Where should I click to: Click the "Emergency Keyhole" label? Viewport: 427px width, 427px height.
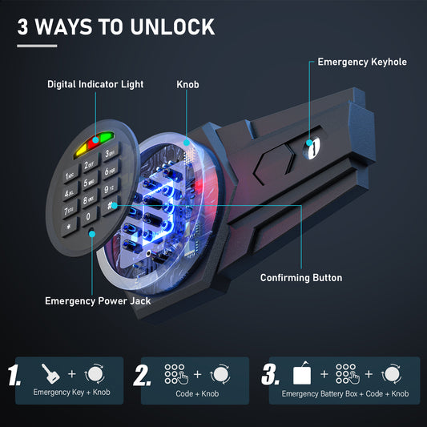(362, 62)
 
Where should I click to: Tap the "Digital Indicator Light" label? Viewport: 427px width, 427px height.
(95, 84)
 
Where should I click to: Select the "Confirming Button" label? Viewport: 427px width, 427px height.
(301, 278)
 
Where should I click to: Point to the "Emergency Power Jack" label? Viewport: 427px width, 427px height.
(98, 301)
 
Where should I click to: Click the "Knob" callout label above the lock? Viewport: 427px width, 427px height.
(187, 84)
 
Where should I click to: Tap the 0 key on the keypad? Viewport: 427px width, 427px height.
(88, 216)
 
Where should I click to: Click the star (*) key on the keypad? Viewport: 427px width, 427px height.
(69, 226)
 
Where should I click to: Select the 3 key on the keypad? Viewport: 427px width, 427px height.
(110, 153)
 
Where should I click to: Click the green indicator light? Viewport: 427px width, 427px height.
(107, 137)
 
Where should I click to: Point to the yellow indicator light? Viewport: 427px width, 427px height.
(81, 151)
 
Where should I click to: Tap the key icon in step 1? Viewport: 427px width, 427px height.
(50, 373)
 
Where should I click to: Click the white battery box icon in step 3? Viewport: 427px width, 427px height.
(302, 373)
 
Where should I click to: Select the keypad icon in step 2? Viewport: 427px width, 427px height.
(176, 374)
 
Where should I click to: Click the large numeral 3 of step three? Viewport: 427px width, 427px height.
(270, 375)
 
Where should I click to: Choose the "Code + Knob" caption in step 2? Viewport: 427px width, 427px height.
(197, 394)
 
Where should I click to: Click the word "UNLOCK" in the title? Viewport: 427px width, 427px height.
(173, 27)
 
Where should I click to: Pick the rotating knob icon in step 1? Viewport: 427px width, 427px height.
(95, 373)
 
